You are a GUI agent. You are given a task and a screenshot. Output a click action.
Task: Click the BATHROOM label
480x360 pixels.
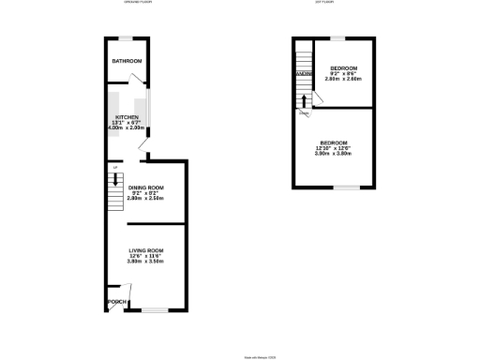127,61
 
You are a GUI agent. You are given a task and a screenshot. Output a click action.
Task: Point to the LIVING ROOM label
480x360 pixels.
146,250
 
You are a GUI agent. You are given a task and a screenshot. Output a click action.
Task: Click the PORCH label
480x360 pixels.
116,302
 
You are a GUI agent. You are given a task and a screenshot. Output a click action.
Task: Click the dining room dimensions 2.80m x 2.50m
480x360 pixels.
145,200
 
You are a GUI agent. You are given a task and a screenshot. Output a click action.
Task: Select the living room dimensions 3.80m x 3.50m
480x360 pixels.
146,262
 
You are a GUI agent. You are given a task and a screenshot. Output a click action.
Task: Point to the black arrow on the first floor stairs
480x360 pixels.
303,98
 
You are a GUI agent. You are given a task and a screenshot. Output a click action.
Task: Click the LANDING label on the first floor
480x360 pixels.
302,73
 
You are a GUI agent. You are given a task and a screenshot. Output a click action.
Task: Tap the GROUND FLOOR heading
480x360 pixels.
137,3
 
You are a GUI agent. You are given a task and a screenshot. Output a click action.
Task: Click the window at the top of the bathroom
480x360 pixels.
125,37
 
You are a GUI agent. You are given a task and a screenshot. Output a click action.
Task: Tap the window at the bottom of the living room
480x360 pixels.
155,310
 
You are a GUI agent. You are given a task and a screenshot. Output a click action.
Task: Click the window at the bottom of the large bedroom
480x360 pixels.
346,187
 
